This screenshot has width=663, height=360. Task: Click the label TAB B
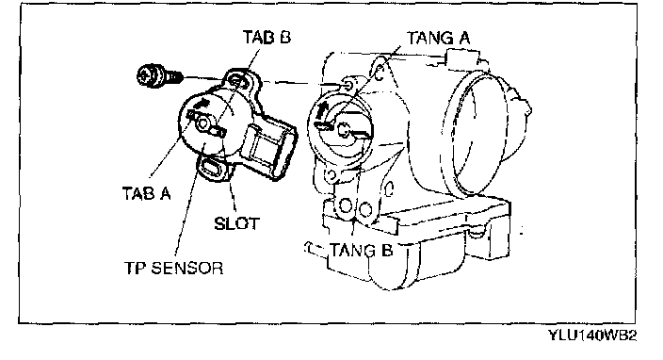[267, 37]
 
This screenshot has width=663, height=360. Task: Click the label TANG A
[439, 38]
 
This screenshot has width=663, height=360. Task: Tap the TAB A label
[146, 193]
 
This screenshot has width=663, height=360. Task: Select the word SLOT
[236, 223]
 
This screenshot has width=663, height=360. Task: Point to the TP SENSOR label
[173, 269]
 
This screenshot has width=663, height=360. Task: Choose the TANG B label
[361, 250]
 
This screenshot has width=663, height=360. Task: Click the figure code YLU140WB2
[592, 335]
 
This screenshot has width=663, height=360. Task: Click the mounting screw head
[150, 76]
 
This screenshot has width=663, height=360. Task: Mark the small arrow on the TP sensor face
[202, 102]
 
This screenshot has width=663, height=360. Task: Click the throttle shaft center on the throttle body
[345, 130]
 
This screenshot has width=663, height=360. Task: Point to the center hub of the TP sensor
[202, 123]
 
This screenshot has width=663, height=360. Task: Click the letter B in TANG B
[386, 250]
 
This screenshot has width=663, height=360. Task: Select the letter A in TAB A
[165, 193]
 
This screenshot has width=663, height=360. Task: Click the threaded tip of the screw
[177, 76]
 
